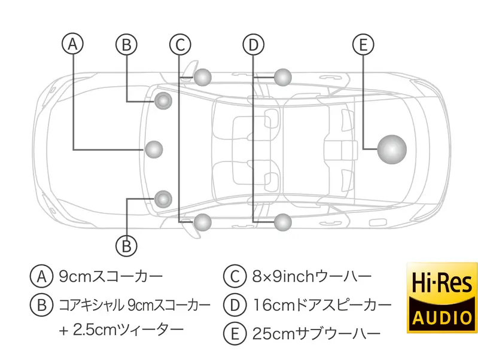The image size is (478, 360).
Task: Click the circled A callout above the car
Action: [x=73, y=44]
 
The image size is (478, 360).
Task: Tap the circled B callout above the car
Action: [x=126, y=44]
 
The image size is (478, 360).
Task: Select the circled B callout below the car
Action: [x=126, y=246]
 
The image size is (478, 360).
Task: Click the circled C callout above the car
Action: [x=181, y=45]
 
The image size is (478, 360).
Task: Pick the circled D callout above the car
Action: [x=253, y=45]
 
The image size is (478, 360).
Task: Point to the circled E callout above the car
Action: [x=363, y=45]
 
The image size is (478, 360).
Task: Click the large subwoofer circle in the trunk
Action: [x=392, y=150]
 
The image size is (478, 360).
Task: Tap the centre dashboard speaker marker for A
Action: [x=154, y=150]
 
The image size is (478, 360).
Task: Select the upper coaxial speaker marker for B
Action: [x=163, y=100]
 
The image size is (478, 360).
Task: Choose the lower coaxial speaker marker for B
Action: [x=163, y=199]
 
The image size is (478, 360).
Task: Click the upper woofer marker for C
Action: [x=202, y=77]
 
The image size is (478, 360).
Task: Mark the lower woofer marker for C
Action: [x=202, y=222]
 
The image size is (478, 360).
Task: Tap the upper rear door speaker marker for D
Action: [x=283, y=77]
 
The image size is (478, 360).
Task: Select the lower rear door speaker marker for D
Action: [x=283, y=222]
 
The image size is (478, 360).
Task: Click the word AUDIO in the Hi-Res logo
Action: [x=442, y=318]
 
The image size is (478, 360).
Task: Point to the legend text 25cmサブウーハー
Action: [x=316, y=334]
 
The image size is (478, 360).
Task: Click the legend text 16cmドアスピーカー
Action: [x=322, y=305]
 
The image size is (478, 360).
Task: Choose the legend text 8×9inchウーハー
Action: [x=312, y=276]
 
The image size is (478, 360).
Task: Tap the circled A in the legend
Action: [x=42, y=276]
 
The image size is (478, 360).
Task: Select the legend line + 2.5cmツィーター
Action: [x=121, y=330]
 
